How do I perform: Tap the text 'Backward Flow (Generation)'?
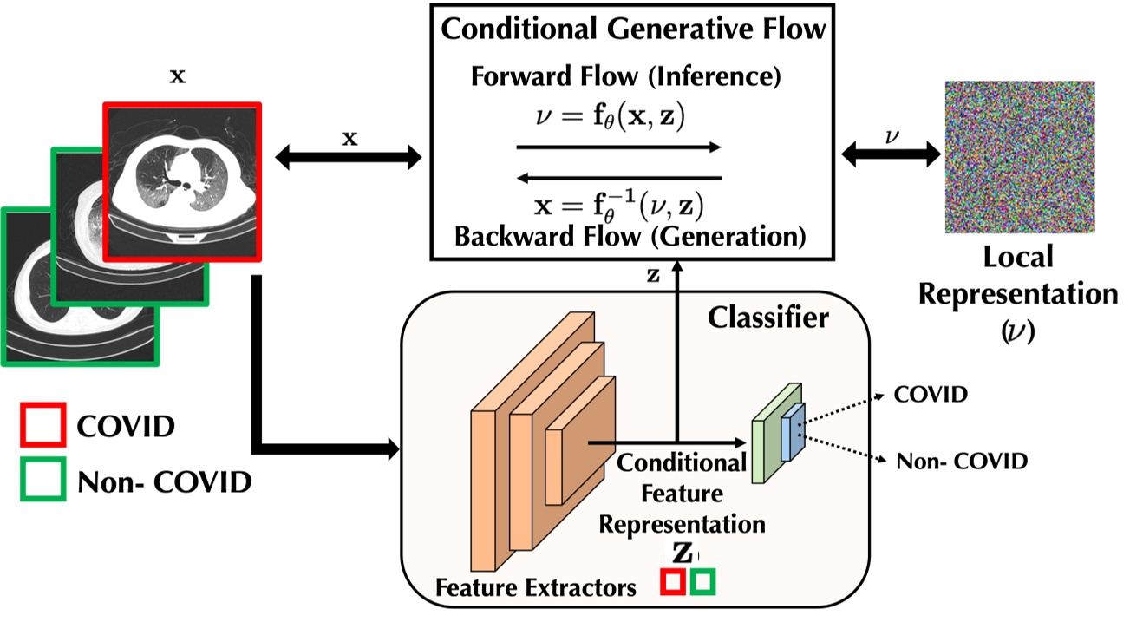pos(630,235)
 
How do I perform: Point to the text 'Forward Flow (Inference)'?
pos(626,75)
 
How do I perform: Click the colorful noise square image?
pos(1019,157)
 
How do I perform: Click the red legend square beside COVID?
pos(42,426)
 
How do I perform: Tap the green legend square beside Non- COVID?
pos(42,480)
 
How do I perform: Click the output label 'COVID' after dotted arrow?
pos(931,396)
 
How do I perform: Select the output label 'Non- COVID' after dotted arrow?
pos(961,462)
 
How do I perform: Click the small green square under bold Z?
pos(703,582)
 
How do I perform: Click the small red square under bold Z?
pos(673,582)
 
